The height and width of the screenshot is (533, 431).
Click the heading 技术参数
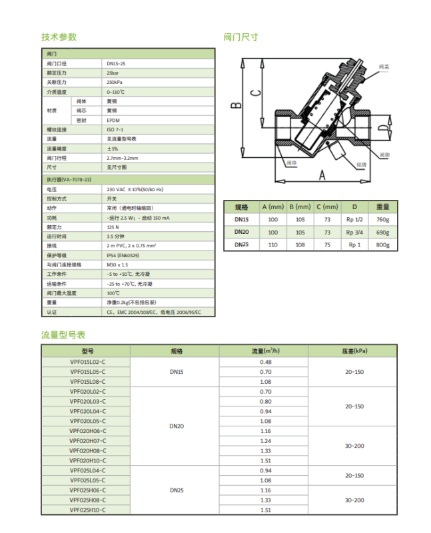(x=59, y=37)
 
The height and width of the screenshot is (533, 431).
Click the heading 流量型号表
(x=63, y=334)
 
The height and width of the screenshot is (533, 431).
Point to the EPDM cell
(x=113, y=120)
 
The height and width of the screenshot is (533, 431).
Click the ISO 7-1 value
(x=115, y=129)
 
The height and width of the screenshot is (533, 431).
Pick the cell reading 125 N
(x=112, y=227)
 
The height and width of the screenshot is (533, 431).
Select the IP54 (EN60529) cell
(x=123, y=255)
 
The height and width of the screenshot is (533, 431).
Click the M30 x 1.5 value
(x=117, y=265)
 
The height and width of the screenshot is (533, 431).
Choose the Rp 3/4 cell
(x=354, y=233)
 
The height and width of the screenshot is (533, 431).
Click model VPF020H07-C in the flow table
(x=88, y=441)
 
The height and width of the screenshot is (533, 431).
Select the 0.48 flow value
(x=265, y=362)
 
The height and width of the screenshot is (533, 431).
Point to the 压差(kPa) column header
(x=354, y=350)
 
